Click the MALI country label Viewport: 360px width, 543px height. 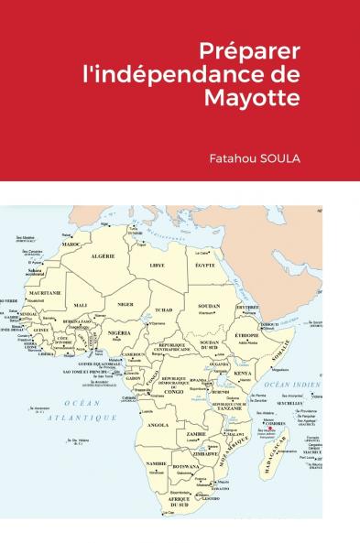tap(82, 305)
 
